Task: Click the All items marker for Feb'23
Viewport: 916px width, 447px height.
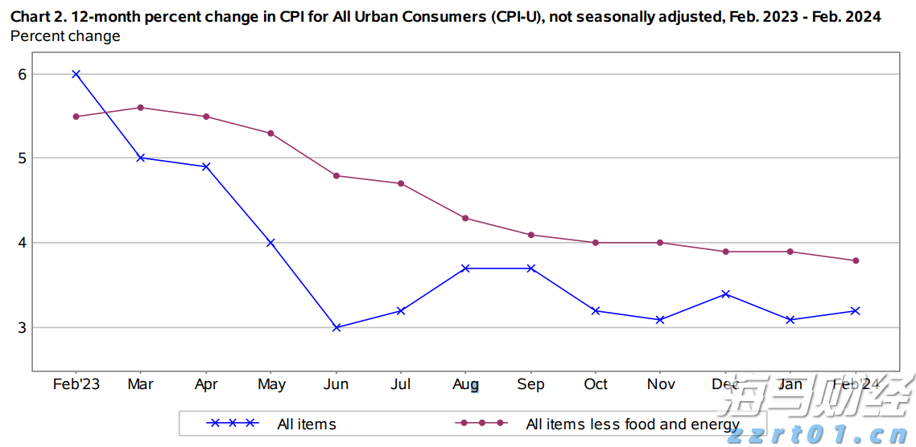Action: [76, 74]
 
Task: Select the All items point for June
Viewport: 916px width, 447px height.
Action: [336, 327]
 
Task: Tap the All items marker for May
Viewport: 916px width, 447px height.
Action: [271, 243]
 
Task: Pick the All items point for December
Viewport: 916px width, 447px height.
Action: [726, 294]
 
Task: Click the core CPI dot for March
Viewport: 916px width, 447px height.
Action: [141, 108]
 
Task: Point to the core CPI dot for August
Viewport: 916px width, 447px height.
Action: [466, 218]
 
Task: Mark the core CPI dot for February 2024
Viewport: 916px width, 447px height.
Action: [856, 260]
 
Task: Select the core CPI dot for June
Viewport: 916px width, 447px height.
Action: [336, 175]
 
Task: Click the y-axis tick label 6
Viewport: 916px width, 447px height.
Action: [23, 74]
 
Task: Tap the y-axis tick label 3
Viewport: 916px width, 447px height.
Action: [23, 327]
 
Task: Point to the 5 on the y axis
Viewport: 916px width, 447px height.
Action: [23, 158]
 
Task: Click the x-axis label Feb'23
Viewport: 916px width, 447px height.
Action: [76, 384]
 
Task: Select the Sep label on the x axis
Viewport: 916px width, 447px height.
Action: [530, 384]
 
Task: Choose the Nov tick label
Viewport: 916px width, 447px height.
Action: [661, 384]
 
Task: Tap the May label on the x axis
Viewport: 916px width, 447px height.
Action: [271, 384]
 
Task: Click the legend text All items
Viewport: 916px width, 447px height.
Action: [307, 424]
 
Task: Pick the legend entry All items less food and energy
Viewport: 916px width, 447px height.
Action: [633, 424]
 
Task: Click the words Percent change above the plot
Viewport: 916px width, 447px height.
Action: [65, 36]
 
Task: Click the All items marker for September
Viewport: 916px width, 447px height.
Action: [531, 269]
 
